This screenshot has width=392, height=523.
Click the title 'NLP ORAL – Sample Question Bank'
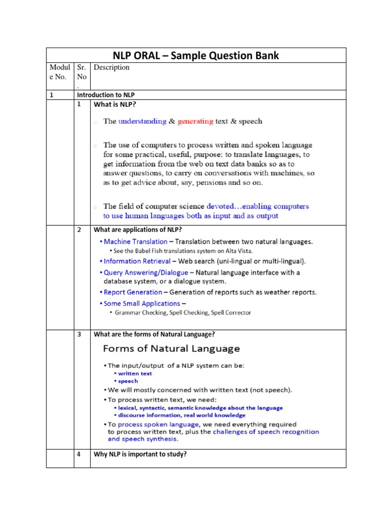tap(195, 56)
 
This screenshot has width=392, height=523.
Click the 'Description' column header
tap(111, 67)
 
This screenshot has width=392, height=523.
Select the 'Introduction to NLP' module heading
tap(105, 95)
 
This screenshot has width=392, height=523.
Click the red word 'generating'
tap(193, 122)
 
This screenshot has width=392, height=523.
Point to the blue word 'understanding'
tap(142, 122)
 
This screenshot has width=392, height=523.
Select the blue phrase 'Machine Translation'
tap(135, 241)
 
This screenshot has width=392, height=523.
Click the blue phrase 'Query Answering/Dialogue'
tap(145, 272)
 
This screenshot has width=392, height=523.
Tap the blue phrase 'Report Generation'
tap(133, 292)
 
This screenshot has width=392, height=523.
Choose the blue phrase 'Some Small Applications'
tap(141, 303)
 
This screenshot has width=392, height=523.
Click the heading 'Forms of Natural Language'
tap(171, 349)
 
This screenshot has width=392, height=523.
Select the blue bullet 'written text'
tap(135, 373)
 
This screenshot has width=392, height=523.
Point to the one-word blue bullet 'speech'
tap(129, 381)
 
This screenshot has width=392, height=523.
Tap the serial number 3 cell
tap(80, 335)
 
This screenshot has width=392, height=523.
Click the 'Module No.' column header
tap(60, 72)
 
